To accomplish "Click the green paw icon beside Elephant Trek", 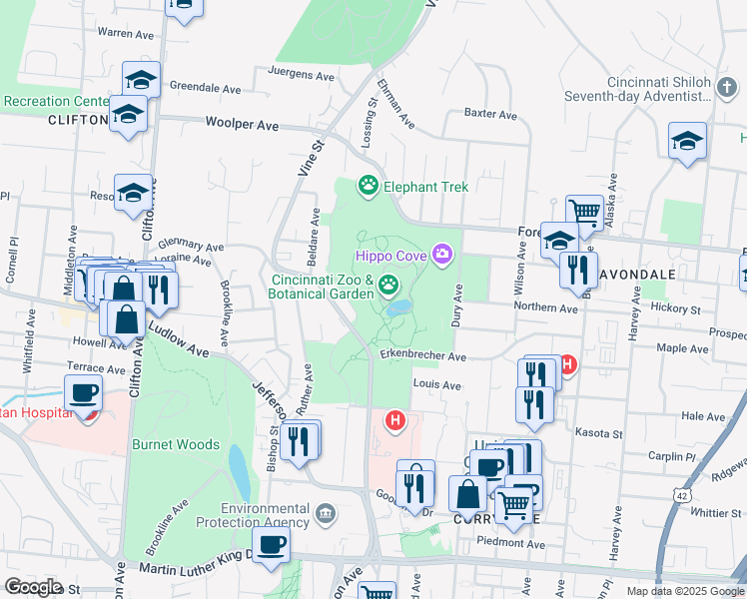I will [x=369, y=186].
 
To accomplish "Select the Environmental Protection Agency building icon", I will [x=325, y=514].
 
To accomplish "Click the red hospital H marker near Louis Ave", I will [x=396, y=421].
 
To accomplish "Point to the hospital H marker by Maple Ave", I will [x=568, y=365].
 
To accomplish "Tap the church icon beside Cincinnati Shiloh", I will [x=726, y=88].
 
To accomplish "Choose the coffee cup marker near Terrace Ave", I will [x=84, y=392].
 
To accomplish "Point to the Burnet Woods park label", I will [x=175, y=444].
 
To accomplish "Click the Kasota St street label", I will [x=599, y=433].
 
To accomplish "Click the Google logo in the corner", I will [x=33, y=587].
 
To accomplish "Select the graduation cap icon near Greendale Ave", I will [x=142, y=80].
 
